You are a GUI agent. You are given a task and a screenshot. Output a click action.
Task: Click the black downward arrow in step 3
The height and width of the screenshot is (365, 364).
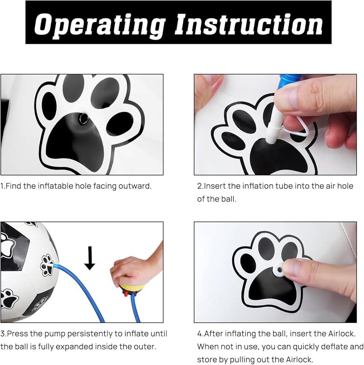coord(90,258)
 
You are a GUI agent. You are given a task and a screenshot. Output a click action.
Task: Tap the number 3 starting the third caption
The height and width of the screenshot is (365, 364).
coord(3,334)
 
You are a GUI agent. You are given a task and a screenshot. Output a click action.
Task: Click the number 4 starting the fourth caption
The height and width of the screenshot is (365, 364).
coord(200,334)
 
